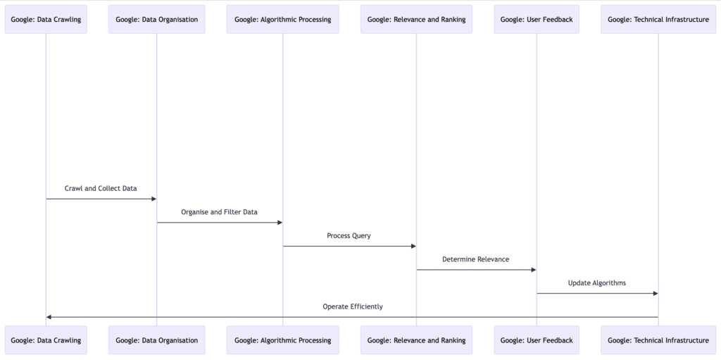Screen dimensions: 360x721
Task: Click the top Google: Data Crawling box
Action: (x=46, y=19)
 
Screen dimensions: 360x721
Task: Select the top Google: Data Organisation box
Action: (x=156, y=19)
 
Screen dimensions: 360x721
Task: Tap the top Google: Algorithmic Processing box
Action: (x=283, y=19)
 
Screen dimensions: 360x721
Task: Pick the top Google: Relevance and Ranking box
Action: (x=416, y=19)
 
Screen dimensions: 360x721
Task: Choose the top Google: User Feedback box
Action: (x=537, y=19)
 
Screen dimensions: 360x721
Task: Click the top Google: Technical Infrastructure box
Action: (x=658, y=19)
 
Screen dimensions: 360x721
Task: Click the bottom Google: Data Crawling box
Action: (x=46, y=340)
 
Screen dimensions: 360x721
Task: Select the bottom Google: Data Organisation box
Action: (x=156, y=340)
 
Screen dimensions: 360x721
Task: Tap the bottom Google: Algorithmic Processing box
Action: (x=283, y=340)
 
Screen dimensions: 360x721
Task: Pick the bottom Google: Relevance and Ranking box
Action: (x=416, y=340)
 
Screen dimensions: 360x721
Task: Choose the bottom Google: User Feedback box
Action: (x=537, y=340)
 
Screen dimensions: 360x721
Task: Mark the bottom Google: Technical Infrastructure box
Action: (x=658, y=340)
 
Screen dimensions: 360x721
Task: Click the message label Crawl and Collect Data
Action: (x=101, y=189)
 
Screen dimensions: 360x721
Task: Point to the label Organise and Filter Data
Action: (x=219, y=212)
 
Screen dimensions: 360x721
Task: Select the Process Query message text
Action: (x=349, y=236)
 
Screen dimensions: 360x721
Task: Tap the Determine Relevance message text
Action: (x=475, y=259)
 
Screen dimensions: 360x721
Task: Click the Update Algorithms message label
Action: (x=597, y=283)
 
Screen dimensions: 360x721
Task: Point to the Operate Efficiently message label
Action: (x=352, y=306)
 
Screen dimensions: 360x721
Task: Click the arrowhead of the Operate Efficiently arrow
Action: (x=49, y=317)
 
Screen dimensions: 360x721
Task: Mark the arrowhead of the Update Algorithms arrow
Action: (x=655, y=293)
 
